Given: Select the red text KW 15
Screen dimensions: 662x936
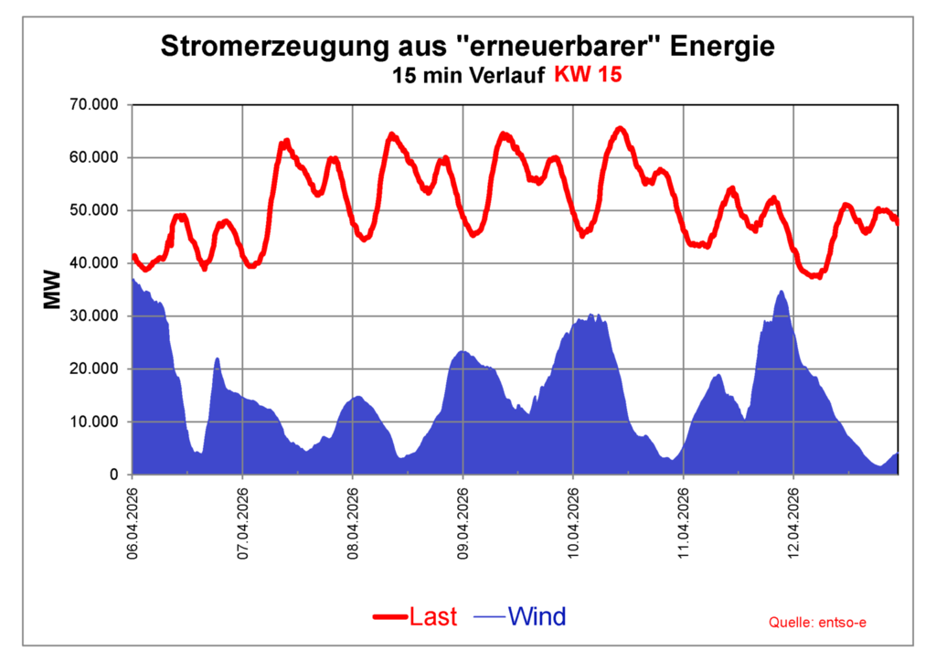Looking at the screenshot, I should pyautogui.click(x=588, y=76).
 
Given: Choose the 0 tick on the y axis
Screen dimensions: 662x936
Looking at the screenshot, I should pyautogui.click(x=114, y=475).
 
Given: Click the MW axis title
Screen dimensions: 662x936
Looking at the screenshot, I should pyautogui.click(x=52, y=289).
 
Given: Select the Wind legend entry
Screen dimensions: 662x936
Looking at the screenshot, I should pyautogui.click(x=537, y=617).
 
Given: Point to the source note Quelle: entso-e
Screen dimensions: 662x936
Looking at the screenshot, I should pyautogui.click(x=817, y=623).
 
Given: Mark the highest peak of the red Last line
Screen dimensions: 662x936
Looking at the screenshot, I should pyautogui.click(x=621, y=128).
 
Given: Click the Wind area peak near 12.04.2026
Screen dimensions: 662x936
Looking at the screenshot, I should pyautogui.click(x=782, y=293).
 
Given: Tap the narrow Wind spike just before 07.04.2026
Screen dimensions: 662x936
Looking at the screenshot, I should pyautogui.click(x=218, y=359).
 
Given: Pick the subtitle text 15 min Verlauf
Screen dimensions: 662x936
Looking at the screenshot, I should pyautogui.click(x=469, y=76).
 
